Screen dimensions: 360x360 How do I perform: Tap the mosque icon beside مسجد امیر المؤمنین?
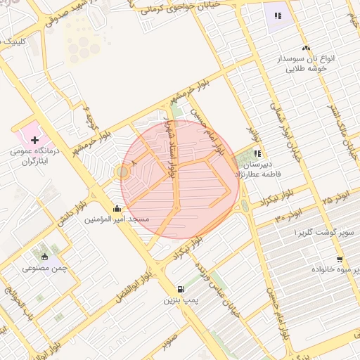click(x=116, y=208)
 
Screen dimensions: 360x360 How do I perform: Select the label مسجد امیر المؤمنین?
click(x=117, y=219)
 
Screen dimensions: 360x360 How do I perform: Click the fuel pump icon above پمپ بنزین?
click(x=181, y=288)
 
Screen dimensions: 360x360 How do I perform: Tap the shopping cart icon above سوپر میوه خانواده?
click(x=340, y=259)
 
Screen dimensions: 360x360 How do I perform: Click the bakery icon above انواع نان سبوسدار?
click(x=306, y=48)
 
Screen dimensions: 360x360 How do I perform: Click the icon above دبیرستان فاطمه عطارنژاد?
click(x=258, y=153)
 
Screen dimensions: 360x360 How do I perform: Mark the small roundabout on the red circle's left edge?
click(x=122, y=172)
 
